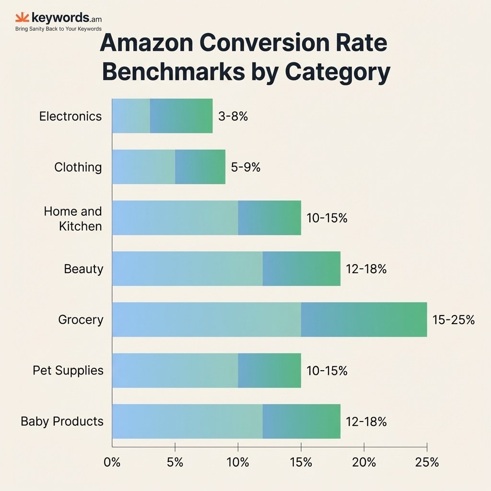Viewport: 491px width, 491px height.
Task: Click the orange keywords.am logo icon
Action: point(22,18)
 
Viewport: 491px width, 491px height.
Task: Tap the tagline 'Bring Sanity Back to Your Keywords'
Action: point(58,29)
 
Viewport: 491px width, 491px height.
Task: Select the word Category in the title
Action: point(338,72)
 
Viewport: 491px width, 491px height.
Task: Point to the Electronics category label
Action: point(70,116)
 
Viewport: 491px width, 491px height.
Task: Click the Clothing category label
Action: point(78,167)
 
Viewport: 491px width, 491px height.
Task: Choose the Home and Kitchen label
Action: point(73,218)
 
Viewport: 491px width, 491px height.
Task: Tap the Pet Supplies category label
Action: point(68,370)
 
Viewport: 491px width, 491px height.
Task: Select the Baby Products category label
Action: point(62,421)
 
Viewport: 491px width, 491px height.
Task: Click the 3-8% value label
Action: point(233,116)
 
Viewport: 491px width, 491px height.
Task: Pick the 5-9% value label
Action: point(245,167)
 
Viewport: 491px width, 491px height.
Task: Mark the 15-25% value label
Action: point(453,320)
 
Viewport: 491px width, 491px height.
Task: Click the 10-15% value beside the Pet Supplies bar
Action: point(327,371)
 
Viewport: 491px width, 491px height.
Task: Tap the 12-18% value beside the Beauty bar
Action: point(366,269)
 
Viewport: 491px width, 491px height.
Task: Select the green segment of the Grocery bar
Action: point(364,319)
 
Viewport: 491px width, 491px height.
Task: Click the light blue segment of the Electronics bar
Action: point(131,116)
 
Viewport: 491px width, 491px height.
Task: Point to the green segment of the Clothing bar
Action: point(200,167)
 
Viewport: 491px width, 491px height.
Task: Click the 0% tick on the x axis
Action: point(112,462)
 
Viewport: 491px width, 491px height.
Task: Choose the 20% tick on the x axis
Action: point(364,462)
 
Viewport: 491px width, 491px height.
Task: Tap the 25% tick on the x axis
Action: point(427,462)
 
